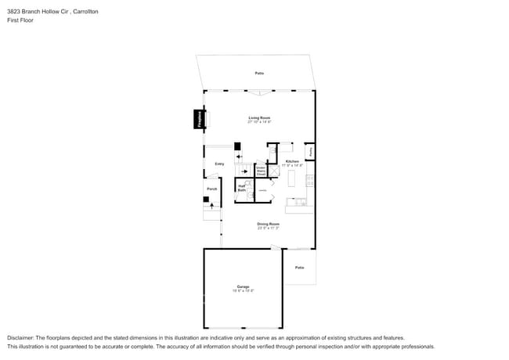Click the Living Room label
(259, 117)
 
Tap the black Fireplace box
(200, 120)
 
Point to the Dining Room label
(269, 224)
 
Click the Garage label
(243, 286)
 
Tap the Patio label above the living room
(259, 74)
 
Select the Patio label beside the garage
(299, 268)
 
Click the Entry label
(219, 164)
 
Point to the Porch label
(211, 189)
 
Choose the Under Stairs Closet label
(261, 170)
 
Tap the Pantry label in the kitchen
(311, 151)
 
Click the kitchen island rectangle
(291, 179)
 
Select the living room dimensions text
(259, 122)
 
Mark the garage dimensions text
(243, 291)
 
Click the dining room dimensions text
(269, 229)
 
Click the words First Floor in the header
(20, 20)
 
